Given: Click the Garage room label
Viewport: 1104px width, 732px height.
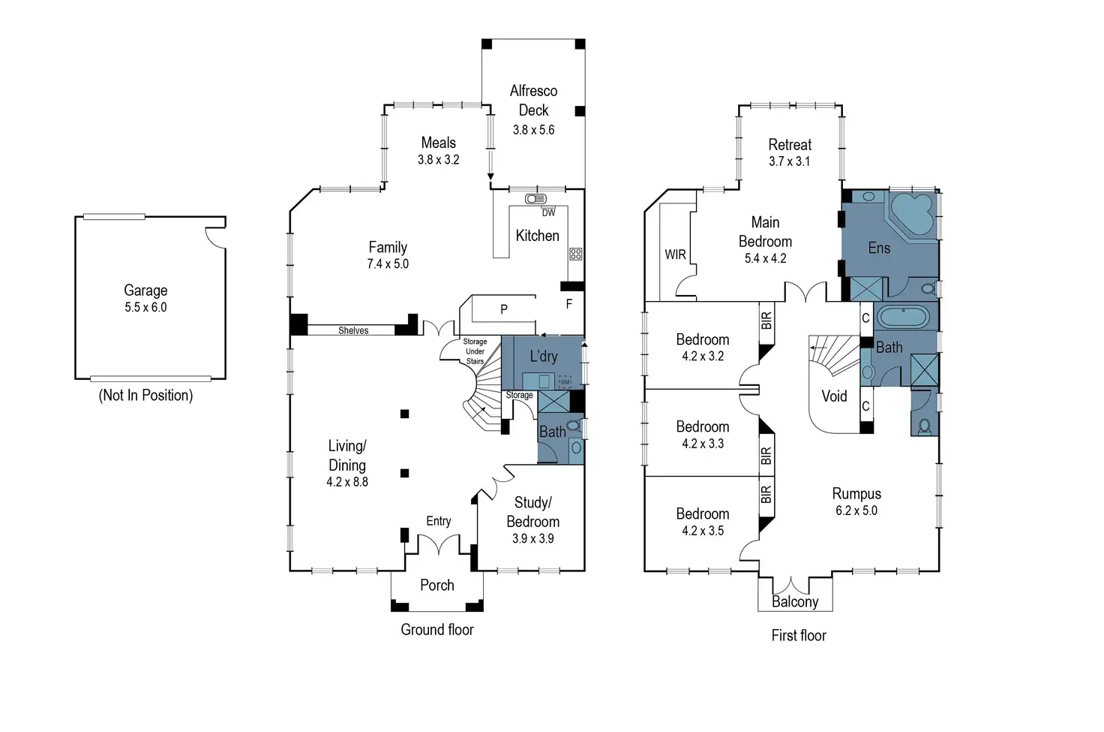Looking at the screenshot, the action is coord(145,291).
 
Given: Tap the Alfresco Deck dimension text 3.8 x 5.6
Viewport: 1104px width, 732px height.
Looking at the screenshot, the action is coord(533,130).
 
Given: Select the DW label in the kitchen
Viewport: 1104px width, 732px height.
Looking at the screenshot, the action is coord(549,212).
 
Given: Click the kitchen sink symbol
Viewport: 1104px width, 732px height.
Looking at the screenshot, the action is coord(535,199).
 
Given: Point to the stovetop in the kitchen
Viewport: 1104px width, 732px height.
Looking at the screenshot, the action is coord(575,254).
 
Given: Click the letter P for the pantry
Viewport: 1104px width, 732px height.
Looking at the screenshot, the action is coord(504,309).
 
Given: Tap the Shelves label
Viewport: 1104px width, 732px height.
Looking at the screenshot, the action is coord(353,330).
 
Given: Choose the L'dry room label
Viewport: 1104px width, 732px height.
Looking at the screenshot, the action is coord(544,357).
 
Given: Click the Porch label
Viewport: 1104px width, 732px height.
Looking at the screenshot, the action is coord(437,585).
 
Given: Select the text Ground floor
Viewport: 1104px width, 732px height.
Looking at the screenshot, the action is coord(437,630).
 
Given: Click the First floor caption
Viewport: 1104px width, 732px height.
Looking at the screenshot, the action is coord(799,635).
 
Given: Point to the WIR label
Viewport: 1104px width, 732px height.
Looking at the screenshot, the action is coord(675,255).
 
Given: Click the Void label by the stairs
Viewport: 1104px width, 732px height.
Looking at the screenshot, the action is coord(834,396).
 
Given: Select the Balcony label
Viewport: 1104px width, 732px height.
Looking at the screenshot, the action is coord(795,601).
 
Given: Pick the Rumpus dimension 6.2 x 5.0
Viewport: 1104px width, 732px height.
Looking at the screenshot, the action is coord(856,511).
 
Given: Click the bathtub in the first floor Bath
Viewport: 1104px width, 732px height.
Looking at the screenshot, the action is coord(903,317).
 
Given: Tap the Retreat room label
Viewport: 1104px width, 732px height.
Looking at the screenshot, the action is coord(790,145).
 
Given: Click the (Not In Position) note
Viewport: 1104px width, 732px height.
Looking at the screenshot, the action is coord(145,396).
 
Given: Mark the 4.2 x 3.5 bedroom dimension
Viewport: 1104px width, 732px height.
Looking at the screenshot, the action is coord(703,531).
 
